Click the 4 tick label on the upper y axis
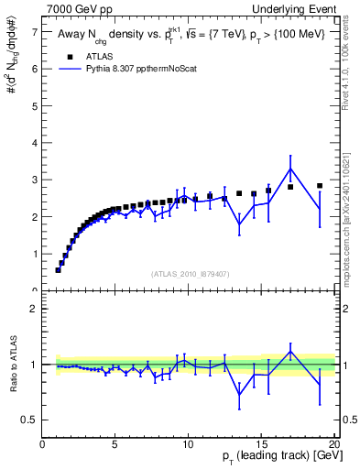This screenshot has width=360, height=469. (x=34, y=143)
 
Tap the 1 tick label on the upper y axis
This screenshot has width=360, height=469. (x=34, y=254)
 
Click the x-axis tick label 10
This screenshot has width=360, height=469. (x=188, y=446)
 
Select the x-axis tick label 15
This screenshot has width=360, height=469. (x=261, y=446)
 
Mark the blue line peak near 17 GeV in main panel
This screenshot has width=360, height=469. (x=290, y=168)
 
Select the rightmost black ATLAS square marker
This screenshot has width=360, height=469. (x=320, y=185)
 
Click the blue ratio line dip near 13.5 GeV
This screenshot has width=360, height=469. (x=239, y=395)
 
